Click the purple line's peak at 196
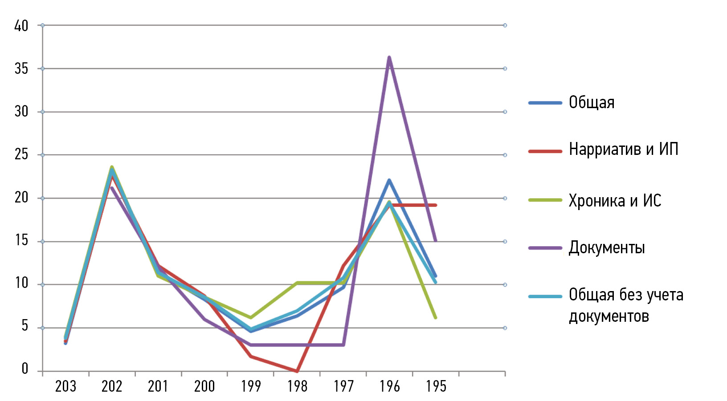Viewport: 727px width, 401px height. [389, 57]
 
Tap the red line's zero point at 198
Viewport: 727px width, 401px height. [297, 371]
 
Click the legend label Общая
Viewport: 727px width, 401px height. [592, 103]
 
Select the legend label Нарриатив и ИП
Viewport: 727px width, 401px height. [623, 150]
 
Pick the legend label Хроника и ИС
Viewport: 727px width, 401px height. [615, 201]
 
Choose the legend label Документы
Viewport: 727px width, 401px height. [607, 247]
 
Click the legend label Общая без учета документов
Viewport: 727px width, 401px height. [626, 305]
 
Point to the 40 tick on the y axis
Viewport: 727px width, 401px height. [21, 26]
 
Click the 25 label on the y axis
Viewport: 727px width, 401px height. [21, 155]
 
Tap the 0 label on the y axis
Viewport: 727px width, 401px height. [25, 369]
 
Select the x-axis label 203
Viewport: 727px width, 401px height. [66, 386]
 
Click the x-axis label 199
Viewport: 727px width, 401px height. [251, 386]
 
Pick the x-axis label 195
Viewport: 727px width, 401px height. [436, 386]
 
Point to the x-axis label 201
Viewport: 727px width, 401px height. [158, 386]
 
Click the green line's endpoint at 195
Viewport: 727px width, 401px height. [435, 318]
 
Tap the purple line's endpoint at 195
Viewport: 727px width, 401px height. [435, 241]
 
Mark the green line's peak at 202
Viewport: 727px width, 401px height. [112, 167]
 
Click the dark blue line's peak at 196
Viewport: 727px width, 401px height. [389, 180]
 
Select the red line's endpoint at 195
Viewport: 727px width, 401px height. [436, 205]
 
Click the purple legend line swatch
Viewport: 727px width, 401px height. [545, 248]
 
